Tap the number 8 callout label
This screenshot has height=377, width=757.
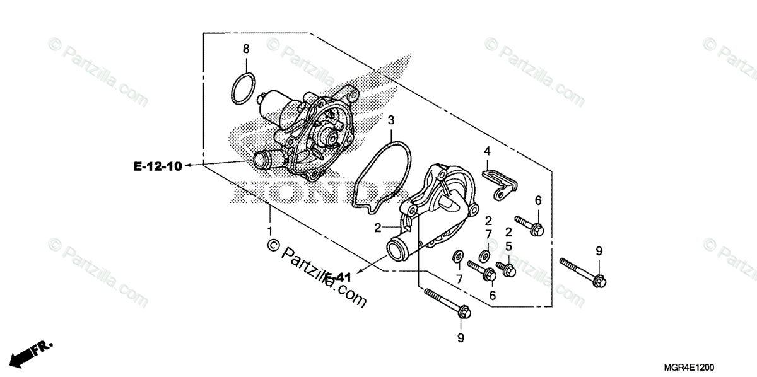246,49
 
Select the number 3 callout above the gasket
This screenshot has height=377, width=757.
391,120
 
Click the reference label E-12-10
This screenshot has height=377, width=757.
158,166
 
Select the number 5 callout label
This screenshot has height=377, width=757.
508,246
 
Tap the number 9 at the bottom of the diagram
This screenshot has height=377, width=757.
461,339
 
